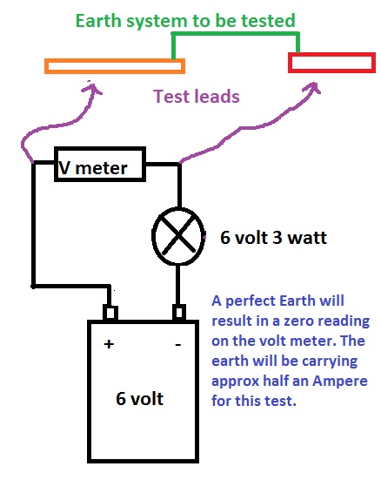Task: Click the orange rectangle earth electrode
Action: [x=115, y=65]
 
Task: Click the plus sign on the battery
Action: [x=110, y=343]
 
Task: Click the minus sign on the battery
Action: [x=178, y=344]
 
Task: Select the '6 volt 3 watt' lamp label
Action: [x=273, y=238]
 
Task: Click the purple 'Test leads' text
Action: [x=196, y=98]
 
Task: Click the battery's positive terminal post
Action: [x=110, y=312]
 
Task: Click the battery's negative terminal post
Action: [x=179, y=312]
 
